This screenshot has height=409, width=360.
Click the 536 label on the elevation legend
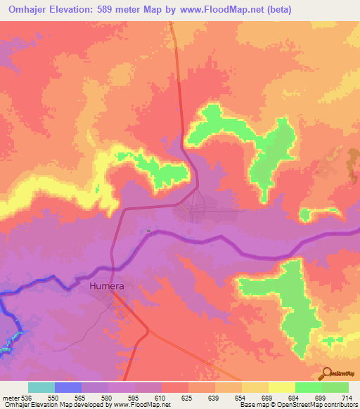(x=25, y=397)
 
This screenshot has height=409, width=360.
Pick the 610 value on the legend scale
(x=162, y=397)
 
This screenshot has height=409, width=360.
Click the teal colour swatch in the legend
(x=41, y=387)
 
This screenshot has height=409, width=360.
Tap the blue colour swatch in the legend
(x=68, y=387)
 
